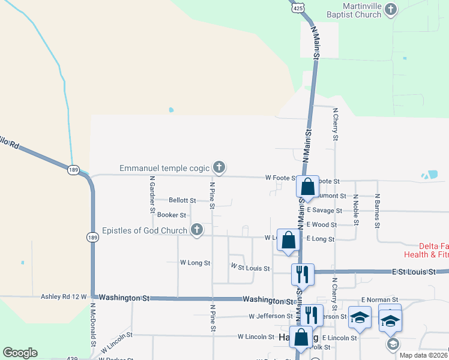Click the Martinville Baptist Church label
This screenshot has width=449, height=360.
pyautogui.click(x=354, y=10)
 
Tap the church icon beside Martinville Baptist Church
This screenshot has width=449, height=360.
pyautogui.click(x=391, y=9)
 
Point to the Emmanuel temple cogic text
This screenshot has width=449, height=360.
pyautogui.click(x=165, y=167)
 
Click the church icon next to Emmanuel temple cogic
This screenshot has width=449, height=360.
pyautogui.click(x=219, y=167)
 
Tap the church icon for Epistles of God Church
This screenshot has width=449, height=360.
pyautogui.click(x=196, y=229)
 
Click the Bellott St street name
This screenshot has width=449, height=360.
pyautogui.click(x=182, y=200)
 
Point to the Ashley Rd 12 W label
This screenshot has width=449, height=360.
pyautogui.click(x=64, y=296)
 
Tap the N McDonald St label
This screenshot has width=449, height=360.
pyautogui.click(x=94, y=325)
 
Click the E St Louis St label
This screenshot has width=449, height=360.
pyautogui.click(x=414, y=272)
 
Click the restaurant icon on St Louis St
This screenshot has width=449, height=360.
pyautogui.click(x=301, y=274)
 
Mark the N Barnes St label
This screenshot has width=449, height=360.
pyautogui.click(x=378, y=210)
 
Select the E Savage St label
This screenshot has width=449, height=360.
pyautogui.click(x=324, y=211)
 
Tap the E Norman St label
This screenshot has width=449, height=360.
pyautogui.click(x=379, y=299)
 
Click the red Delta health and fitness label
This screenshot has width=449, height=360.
pyautogui.click(x=433, y=250)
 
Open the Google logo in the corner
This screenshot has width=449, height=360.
pyautogui.click(x=20, y=353)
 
